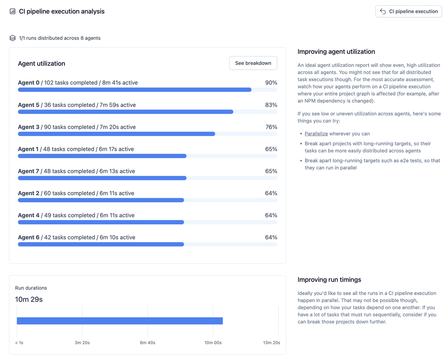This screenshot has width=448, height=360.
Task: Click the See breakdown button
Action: [253, 63]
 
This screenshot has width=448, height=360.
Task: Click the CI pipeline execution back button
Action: [408, 12]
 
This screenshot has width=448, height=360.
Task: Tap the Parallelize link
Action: [316, 134]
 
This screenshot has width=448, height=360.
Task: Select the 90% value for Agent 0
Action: [271, 83]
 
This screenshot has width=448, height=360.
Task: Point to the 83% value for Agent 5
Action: [271, 105]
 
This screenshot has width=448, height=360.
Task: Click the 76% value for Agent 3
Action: [271, 127]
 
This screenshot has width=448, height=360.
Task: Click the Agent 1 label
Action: [28, 149]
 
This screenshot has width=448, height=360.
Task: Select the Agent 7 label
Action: [28, 171]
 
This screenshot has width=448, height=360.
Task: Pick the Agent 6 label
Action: [29, 238]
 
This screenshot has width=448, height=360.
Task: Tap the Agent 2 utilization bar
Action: [101, 200]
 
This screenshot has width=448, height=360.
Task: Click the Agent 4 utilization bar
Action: [101, 222]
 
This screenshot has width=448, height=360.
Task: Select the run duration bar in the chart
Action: [120, 321]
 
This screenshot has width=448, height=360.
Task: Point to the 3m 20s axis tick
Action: [82, 342]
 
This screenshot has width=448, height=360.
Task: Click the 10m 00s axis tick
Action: [213, 342]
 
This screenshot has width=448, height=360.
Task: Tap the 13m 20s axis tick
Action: [272, 342]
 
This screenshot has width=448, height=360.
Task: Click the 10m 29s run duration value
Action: [29, 300]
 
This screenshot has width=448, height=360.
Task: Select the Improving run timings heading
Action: [329, 280]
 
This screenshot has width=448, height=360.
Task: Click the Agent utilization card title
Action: [41, 63]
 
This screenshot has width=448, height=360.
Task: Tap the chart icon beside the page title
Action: [12, 11]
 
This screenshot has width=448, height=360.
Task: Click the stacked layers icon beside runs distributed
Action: [12, 38]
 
